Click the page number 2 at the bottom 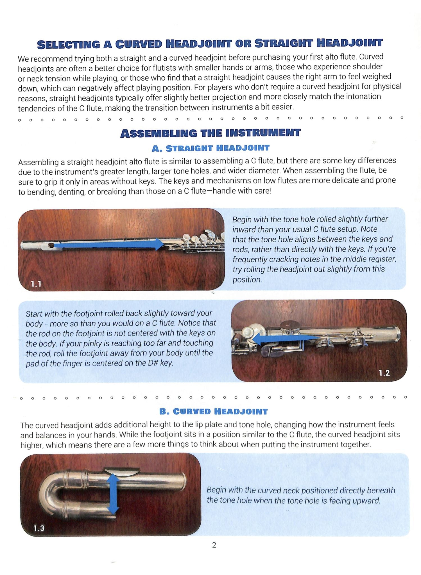214,545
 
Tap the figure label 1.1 36,284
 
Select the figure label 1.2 384,373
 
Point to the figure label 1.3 39,528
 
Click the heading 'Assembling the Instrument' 210,133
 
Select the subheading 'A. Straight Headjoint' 210,148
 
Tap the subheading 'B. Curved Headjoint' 213,412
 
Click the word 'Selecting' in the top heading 69,45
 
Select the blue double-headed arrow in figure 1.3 113,493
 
